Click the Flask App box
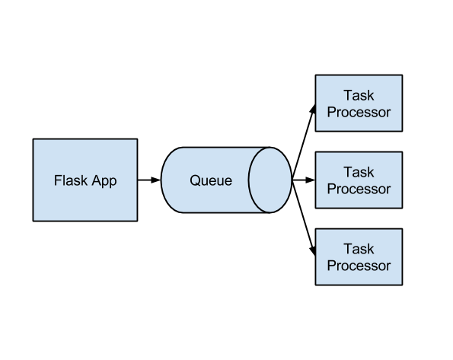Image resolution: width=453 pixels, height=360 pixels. click(85, 198)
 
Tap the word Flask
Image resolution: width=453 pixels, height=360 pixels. click(69, 180)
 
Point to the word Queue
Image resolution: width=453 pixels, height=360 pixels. click(211, 181)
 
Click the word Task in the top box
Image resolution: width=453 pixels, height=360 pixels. click(359, 96)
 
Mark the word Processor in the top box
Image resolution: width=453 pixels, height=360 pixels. click(359, 112)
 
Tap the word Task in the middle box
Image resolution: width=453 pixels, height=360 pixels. click(359, 173)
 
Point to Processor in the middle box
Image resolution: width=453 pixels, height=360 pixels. click(359, 189)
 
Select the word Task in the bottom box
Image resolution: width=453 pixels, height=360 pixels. click(359, 250)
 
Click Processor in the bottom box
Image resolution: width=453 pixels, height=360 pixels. click(359, 266)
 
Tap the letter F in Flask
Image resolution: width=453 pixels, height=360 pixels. click(58, 180)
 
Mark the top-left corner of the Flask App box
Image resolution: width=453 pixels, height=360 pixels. click(35, 141)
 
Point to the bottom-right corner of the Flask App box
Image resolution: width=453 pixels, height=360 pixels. click(136, 219)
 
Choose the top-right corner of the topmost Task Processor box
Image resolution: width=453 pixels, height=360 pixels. click(400, 77)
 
